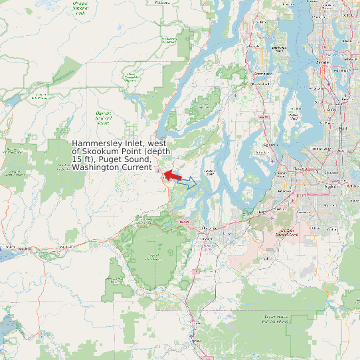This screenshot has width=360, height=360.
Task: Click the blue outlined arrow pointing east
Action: click(x=188, y=183)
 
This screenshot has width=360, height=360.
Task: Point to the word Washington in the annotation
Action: click(x=96, y=167)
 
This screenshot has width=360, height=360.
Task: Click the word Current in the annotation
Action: click(x=136, y=167)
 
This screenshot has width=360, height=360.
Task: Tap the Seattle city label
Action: click(x=323, y=61)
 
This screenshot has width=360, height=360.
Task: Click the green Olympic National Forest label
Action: click(x=103, y=118)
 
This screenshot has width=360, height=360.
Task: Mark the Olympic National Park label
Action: click(x=81, y=8)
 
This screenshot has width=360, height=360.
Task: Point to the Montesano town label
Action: click(x=65, y=247)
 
